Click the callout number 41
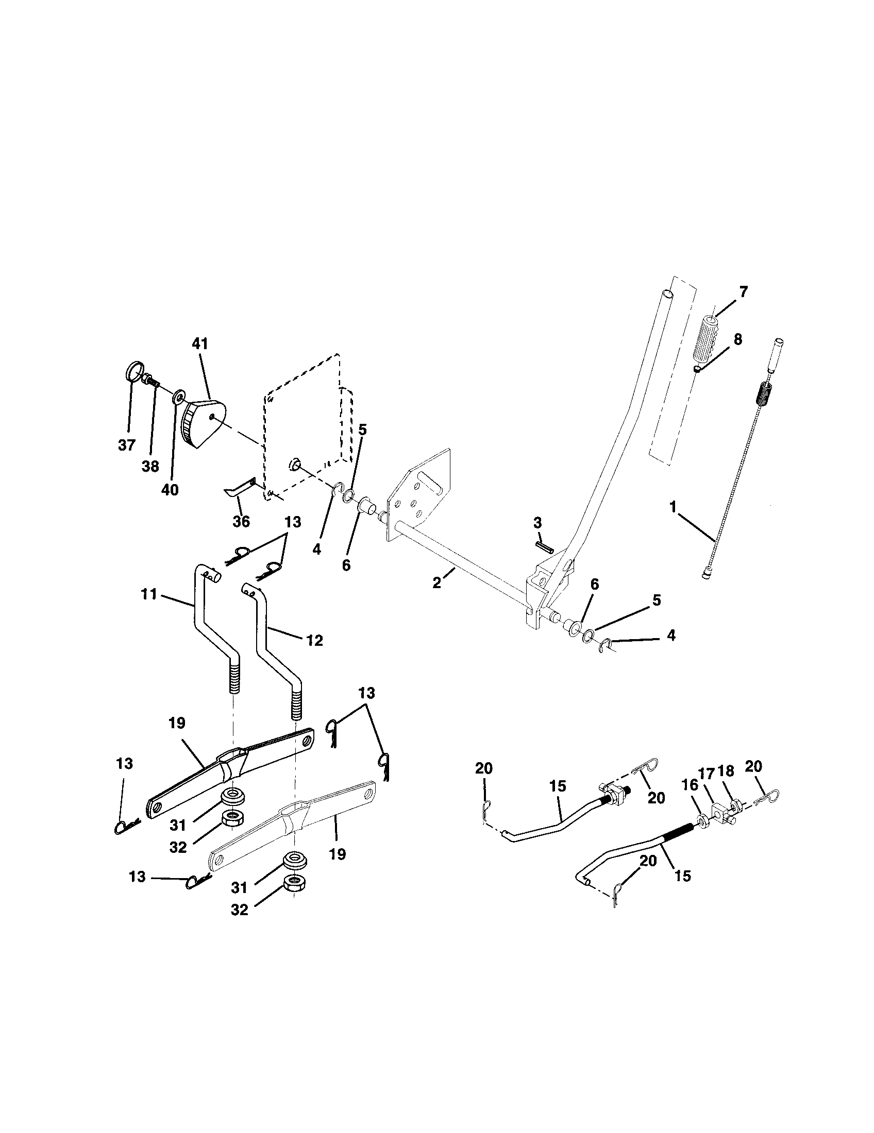coord(200,344)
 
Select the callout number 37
coord(126,444)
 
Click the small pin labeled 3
coord(543,545)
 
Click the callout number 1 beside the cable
coord(673,507)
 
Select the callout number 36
coord(241,521)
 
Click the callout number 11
coord(149,594)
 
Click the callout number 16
coord(690,785)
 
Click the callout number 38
coord(150,467)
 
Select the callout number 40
coord(170,489)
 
